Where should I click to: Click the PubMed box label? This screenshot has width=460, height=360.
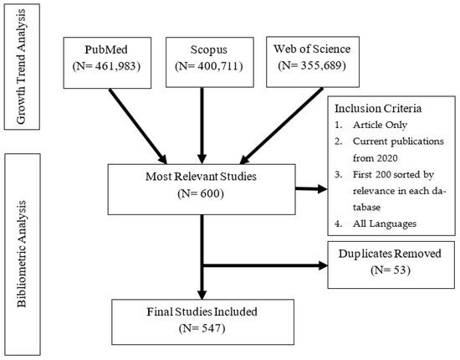pos(106,49)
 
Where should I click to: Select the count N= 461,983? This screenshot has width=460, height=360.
pos(106,66)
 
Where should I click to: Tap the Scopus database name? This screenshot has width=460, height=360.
pos(209,49)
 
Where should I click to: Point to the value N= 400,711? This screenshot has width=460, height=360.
pos(209,66)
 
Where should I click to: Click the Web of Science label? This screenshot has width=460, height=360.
pos(312,49)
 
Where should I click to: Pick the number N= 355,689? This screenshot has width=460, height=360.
pos(312,65)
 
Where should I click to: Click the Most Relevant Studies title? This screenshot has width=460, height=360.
pos(201,177)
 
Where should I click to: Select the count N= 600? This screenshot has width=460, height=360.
pos(201,193)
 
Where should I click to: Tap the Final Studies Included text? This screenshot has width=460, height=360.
pos(202,311)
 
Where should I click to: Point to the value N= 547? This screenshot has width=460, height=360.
pos(202,328)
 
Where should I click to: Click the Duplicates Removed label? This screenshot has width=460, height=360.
pos(390,254)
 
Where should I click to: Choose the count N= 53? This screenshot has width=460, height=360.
pos(391,270)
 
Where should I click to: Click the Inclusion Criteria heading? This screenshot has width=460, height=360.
pos(378,109)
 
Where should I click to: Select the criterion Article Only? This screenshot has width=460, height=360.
pos(380,125)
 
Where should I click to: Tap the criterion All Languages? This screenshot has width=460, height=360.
pos(385,224)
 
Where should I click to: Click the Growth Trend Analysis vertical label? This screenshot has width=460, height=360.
pos(22,67)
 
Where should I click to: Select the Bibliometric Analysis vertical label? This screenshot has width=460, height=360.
pos(22,255)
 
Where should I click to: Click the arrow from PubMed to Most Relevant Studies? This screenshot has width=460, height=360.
pos(138,126)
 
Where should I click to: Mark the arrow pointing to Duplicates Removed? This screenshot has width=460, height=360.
pos(264,265)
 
